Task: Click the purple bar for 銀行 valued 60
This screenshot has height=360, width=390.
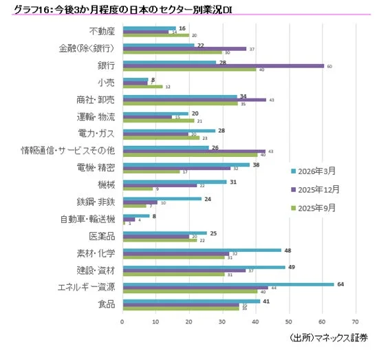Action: click(x=222, y=65)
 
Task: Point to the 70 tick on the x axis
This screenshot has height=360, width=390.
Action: click(x=355, y=321)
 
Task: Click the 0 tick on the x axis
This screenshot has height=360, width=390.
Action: click(x=122, y=321)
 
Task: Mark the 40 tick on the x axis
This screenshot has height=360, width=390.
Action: click(x=255, y=321)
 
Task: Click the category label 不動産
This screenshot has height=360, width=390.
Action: click(x=102, y=31)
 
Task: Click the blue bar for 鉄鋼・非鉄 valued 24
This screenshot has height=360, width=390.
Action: click(x=162, y=199)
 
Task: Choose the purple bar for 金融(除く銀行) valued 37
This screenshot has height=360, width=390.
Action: click(x=184, y=49)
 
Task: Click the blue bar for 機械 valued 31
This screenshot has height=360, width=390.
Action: click(x=174, y=182)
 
